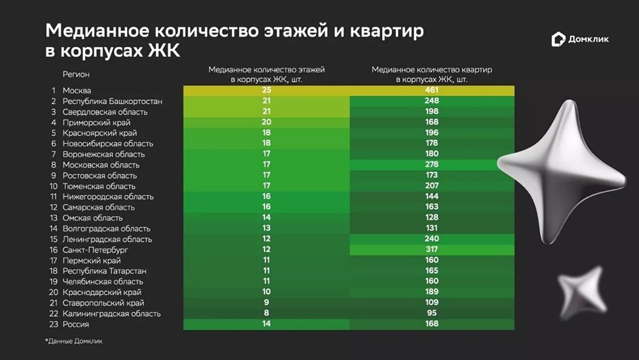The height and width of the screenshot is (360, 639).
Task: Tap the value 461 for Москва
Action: [432, 91]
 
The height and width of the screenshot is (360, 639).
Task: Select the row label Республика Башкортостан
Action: [112, 101]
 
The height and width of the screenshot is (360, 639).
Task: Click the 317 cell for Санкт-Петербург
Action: [432, 250]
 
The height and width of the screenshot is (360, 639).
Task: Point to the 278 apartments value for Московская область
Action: [432, 165]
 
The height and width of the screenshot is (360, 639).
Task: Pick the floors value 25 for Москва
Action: [266, 91]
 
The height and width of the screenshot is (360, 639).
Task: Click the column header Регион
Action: [76, 74]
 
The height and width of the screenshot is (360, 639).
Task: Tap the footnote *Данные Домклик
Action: [73, 341]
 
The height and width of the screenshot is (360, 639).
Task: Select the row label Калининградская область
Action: [111, 314]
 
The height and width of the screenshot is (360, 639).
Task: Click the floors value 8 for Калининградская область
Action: [266, 314]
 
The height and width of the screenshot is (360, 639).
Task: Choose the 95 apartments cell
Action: [432, 314]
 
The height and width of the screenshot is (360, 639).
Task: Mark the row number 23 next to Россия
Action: [53, 324]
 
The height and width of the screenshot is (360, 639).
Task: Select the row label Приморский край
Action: [96, 122]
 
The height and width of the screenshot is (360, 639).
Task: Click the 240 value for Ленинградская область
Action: [432, 239]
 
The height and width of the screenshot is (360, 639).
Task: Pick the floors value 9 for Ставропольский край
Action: [266, 303]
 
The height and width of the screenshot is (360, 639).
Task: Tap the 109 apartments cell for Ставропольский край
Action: [432, 303]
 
